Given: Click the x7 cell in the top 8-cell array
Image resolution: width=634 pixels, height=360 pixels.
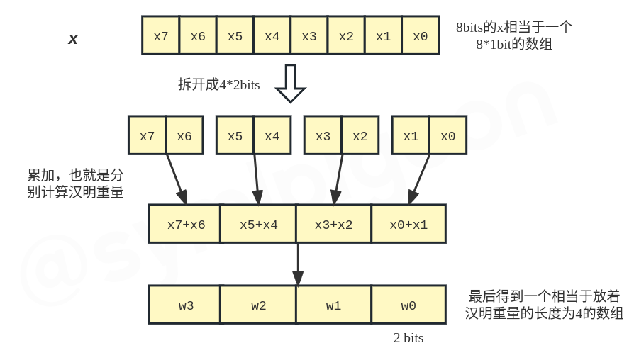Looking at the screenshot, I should point(160,35).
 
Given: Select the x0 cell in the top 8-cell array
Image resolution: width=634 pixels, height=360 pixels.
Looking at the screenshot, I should point(420,35).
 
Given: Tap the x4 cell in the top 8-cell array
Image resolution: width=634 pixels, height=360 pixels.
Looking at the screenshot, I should point(272,35).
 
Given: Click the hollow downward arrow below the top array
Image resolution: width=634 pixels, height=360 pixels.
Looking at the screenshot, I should point(290,83).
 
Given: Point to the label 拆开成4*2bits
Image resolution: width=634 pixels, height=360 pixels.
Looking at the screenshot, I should point(218,85).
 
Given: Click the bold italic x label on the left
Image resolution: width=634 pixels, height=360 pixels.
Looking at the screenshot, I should point(73,39).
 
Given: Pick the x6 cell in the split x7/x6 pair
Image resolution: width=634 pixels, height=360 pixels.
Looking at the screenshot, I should point(184,135).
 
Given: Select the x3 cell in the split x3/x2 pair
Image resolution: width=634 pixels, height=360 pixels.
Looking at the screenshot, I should point(323,135).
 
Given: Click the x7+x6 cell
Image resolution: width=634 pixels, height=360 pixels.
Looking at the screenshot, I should point(186,225).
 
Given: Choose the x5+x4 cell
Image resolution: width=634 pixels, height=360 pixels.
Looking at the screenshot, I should point(258,225).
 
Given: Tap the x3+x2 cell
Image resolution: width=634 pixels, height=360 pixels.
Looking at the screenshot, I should point(333,225).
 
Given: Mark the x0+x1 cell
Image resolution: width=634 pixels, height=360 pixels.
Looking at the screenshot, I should point(408,225).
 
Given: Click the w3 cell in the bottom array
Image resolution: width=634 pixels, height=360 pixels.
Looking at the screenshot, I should point(186,305).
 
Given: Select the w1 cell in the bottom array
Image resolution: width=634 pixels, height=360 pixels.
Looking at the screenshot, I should point(333,305).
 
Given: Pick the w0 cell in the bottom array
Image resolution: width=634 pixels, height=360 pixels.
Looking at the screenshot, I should point(408,305).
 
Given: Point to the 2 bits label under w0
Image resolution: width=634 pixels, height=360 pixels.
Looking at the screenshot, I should point(408,338).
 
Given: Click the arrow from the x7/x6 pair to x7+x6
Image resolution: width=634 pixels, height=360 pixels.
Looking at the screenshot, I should point(176,179).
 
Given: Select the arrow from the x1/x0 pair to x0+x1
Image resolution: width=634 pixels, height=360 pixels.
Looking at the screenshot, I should point(420,179).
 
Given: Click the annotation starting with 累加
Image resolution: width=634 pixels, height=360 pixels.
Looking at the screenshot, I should point(75,183).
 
